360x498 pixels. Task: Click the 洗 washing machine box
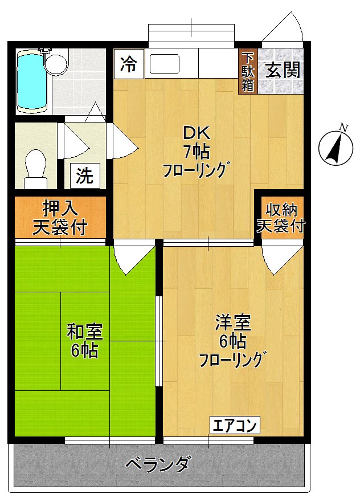(x=85, y=175)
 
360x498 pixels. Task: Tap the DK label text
(x=197, y=133)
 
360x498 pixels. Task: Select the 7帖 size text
(x=197, y=152)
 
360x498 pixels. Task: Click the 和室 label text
(x=85, y=330)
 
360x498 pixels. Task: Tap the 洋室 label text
(x=233, y=322)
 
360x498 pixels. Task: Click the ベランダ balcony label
(x=157, y=464)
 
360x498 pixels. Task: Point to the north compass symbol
(x=334, y=148)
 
